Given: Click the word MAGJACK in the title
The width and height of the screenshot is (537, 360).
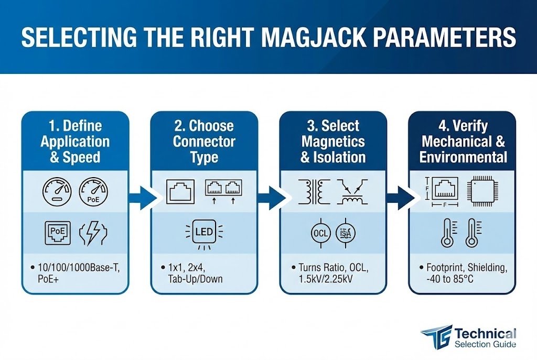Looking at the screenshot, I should pyautogui.click(x=325, y=39).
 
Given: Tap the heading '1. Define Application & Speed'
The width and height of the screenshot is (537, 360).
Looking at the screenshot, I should pyautogui.click(x=75, y=141).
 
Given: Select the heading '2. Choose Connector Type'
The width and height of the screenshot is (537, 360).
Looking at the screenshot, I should pyautogui.click(x=204, y=141).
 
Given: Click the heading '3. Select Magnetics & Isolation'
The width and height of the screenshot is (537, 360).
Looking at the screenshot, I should pyautogui.click(x=333, y=141).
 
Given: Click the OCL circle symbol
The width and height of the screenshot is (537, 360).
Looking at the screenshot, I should pyautogui.click(x=319, y=232).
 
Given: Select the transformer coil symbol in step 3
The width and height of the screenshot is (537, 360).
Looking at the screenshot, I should pyautogui.click(x=312, y=192).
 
